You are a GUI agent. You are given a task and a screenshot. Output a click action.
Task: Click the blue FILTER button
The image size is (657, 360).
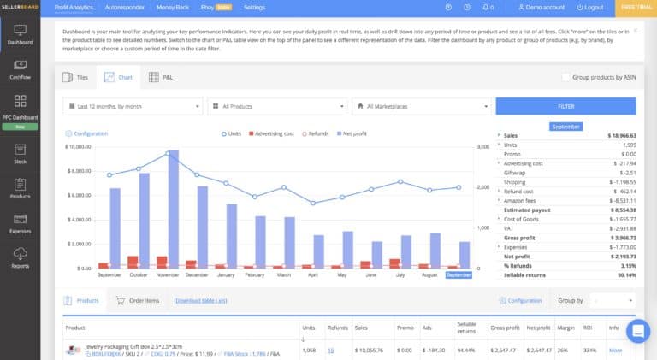coord(565,106)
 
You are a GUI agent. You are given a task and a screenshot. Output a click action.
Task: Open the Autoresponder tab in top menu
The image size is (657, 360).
coord(124,7)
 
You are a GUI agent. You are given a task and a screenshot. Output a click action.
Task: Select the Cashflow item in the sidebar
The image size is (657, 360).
coord(20,68)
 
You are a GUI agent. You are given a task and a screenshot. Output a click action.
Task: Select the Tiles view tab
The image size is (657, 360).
coord(76,77)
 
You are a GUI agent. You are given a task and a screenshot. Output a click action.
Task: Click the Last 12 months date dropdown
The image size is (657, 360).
coord(133,106)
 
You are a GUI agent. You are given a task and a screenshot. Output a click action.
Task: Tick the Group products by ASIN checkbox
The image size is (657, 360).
coord(566,77)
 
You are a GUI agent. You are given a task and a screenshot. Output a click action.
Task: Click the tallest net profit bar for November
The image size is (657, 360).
coord(173,210)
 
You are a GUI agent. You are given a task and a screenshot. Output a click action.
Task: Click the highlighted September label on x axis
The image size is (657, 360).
coord(459,275)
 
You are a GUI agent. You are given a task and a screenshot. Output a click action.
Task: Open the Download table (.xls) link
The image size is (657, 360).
coord(201,301)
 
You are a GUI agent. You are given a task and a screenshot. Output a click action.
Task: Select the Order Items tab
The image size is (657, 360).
coord(137,301)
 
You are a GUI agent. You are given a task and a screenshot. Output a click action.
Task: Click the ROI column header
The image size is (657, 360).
coord(589,328)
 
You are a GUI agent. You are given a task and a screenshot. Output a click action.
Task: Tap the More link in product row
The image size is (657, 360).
coord(615,350)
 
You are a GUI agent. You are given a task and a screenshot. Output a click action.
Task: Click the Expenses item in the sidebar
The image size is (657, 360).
coord(20,224)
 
